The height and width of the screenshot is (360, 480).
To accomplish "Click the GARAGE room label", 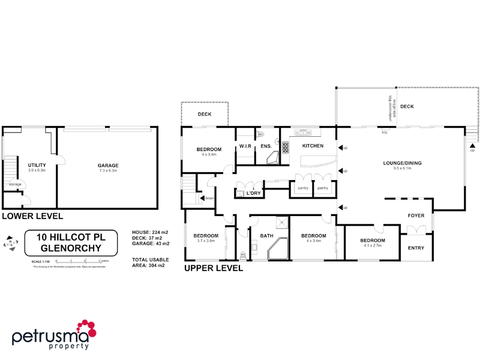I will click(x=109, y=166).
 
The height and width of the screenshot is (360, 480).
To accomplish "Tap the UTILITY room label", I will click(x=37, y=165).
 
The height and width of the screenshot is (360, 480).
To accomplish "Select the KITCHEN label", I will click(x=313, y=146).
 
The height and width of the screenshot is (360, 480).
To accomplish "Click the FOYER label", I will click(x=416, y=215).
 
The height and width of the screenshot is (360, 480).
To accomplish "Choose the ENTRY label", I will click(x=416, y=247).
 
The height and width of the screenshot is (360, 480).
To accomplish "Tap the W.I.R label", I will click(x=245, y=146).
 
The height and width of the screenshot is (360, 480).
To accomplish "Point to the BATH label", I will click(x=266, y=236).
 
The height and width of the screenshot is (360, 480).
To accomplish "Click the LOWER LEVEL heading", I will click(x=32, y=215).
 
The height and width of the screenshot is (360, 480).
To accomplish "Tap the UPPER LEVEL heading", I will click(x=213, y=268).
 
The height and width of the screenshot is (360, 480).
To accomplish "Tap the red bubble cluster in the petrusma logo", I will click(x=86, y=329).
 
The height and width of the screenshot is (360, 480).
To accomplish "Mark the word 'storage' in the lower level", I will click(x=15, y=184).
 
